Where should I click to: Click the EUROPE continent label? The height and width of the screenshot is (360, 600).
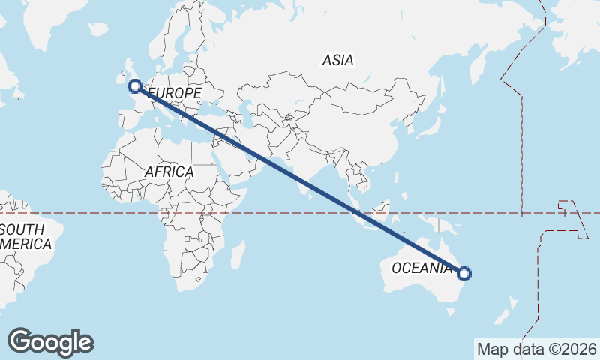click(x=175, y=93)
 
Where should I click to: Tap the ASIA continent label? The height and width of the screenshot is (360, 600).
click(x=338, y=60)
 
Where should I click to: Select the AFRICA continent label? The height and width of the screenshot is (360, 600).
click(x=169, y=172)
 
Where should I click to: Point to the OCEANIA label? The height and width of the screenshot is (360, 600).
click(x=422, y=268)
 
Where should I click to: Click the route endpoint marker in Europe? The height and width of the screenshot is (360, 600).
click(x=135, y=86)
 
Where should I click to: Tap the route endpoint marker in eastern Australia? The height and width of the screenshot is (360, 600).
click(x=464, y=274)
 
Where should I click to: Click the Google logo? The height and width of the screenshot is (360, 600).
click(x=50, y=342)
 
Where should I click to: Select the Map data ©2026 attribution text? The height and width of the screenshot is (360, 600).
click(x=536, y=349)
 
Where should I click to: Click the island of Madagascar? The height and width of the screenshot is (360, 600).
click(x=237, y=255)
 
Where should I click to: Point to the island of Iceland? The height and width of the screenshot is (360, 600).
click(x=97, y=29)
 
